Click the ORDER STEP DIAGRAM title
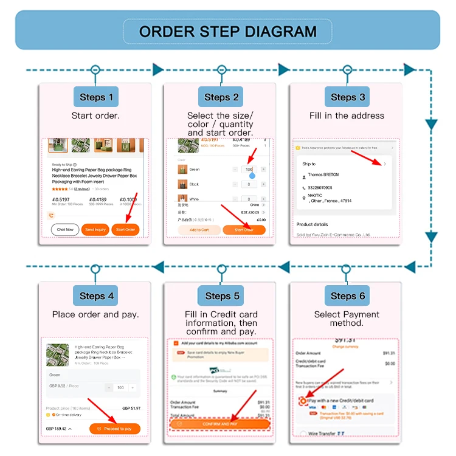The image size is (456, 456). coord(227,32)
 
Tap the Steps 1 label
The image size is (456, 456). coord(96,97)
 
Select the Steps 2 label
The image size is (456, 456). coord(221,97)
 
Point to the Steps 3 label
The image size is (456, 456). coord(348,97)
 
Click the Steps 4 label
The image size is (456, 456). coord(96,296)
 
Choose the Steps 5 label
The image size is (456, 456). coord(221,296)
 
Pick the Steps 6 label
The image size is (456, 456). coord(348,296)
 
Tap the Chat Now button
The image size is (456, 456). coord(65,230)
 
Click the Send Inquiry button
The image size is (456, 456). coord(95,230)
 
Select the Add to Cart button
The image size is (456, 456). coord(199,230)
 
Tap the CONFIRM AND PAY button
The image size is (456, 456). coord(220,424)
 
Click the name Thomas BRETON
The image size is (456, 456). coord(323,175)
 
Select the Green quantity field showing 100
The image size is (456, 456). coord(249,169)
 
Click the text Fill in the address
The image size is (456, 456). coord(347,116)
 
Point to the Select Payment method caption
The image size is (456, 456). coord(347,319)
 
